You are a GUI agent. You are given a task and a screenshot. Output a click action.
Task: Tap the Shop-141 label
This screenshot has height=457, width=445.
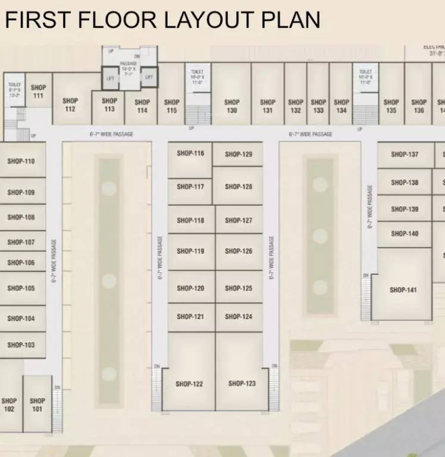pos(403,290)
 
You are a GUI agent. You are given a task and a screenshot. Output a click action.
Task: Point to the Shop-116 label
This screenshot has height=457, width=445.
pos(190,154)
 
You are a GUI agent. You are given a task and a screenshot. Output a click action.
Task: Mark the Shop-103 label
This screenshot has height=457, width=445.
pos(21,345)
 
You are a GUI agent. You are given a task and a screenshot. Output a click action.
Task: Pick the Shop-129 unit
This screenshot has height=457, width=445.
pos(239,155)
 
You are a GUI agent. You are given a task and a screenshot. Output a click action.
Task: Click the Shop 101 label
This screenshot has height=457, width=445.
pos(37,405)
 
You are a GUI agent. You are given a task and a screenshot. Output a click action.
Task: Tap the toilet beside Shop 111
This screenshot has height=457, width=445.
pos(15,90)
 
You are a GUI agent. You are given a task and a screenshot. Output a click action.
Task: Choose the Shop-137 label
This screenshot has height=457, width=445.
pos(405,155)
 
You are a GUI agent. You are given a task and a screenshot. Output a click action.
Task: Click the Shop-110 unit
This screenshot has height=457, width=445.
pos(21,161)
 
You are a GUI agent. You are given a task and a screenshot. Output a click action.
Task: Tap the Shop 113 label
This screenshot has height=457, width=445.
pos(109,105)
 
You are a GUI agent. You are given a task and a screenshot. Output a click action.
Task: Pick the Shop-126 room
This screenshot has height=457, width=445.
pos(239,251)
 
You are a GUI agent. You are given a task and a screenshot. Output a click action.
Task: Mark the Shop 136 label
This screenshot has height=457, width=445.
pos(419,106)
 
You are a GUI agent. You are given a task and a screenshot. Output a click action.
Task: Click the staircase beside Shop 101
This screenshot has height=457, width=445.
pos(57,411)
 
